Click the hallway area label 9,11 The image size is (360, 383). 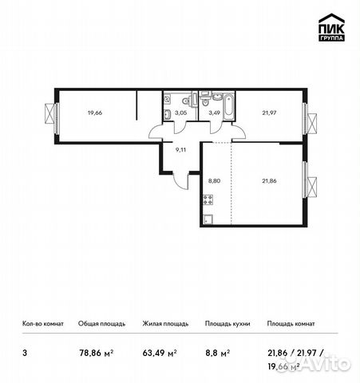point(181,148)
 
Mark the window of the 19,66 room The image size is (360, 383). point(53,115)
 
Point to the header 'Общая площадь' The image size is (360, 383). point(100,324)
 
